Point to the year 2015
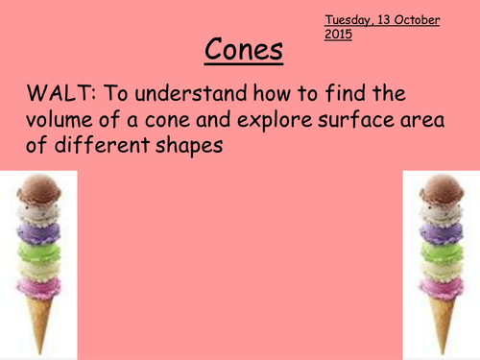point(339,35)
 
